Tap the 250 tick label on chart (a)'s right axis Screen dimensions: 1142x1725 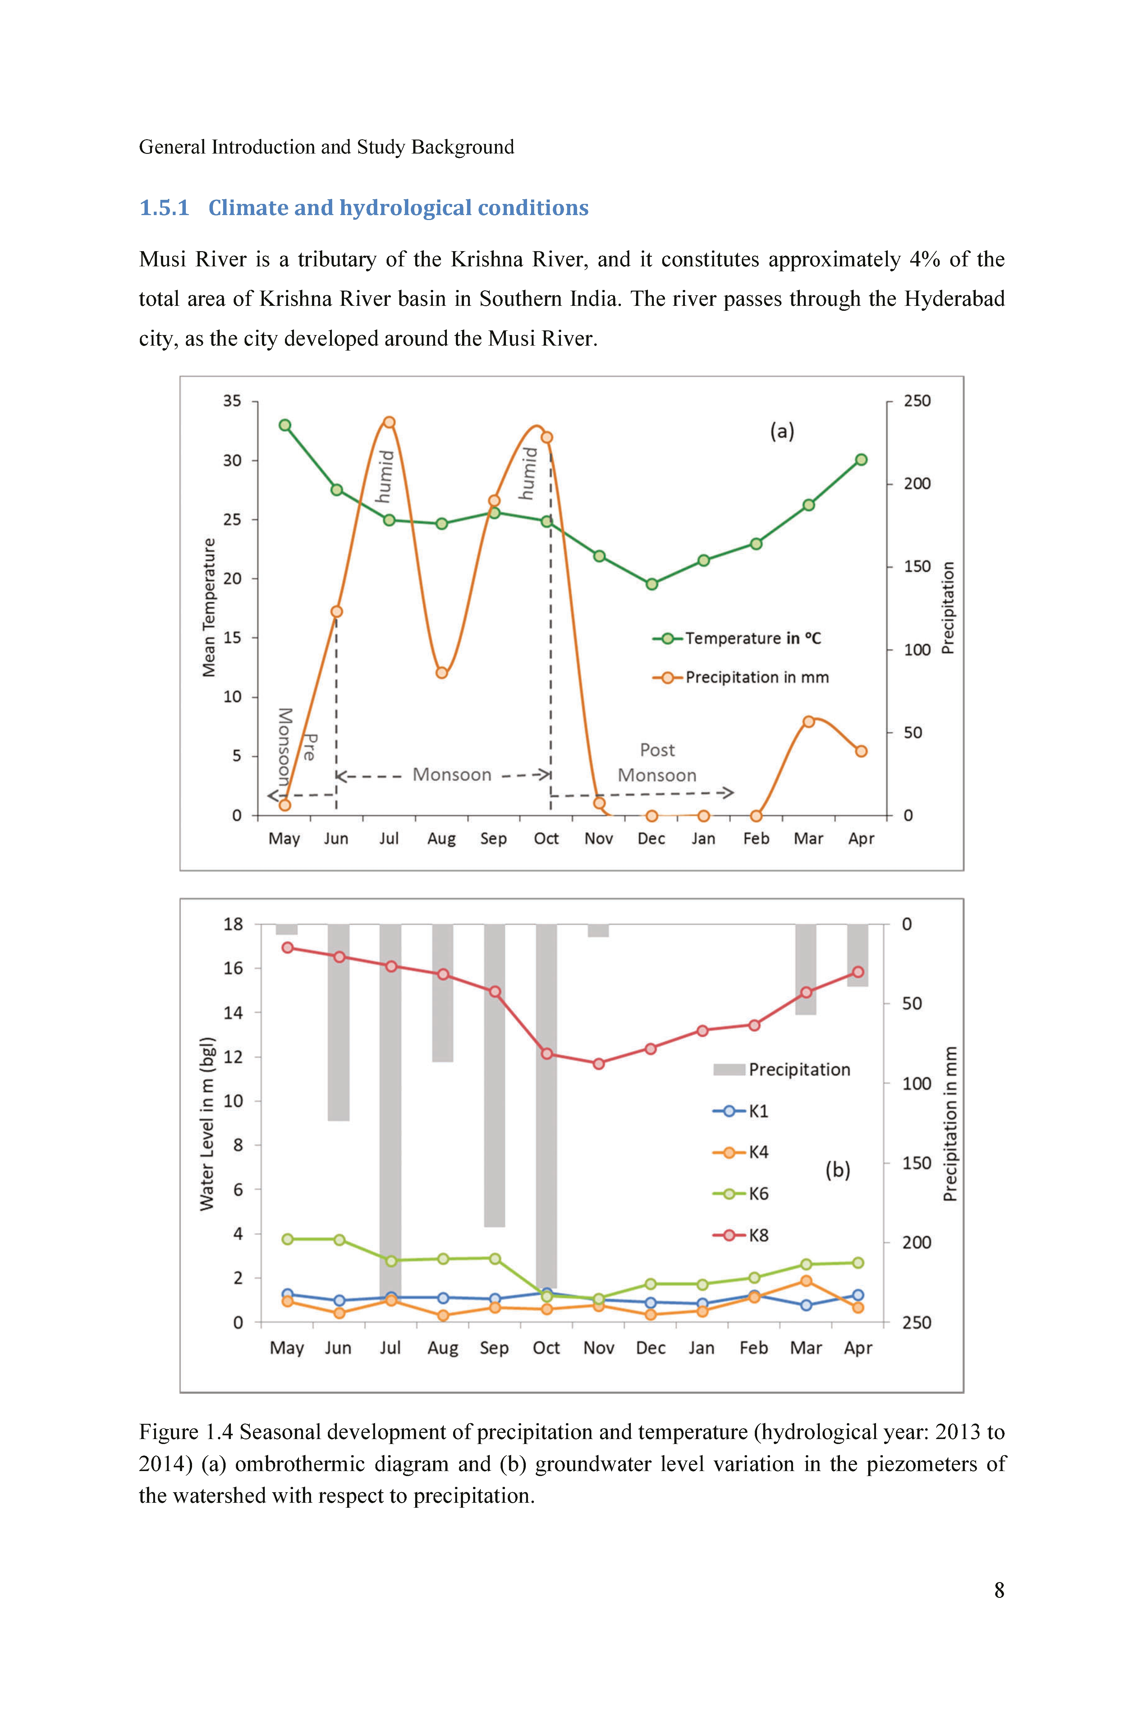pyautogui.click(x=917, y=401)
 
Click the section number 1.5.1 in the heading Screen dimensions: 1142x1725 pyautogui.click(x=164, y=208)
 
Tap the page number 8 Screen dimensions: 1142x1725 pyautogui.click(x=999, y=1590)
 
